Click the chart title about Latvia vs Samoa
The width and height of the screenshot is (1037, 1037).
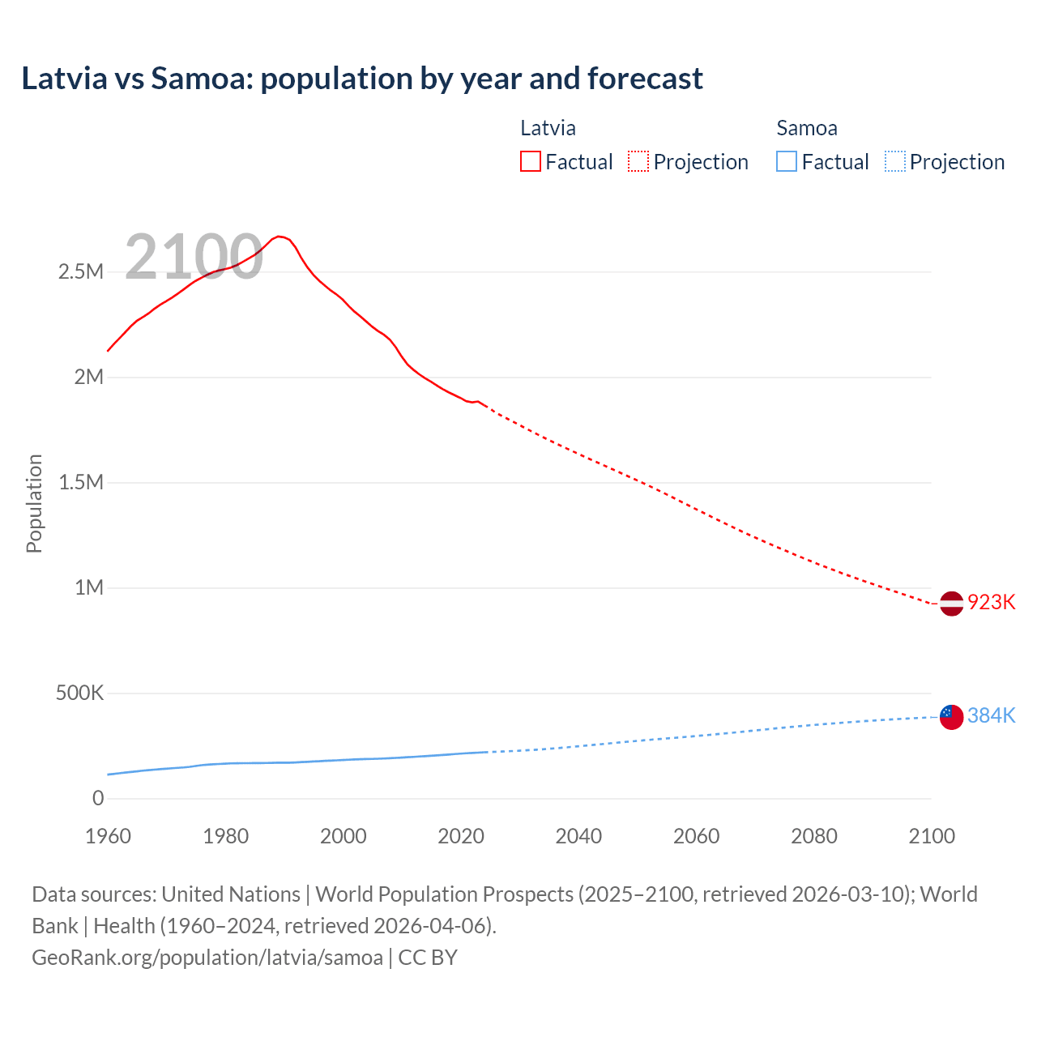(362, 79)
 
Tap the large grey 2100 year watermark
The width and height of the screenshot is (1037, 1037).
(194, 257)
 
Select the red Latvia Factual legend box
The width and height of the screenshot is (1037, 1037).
(530, 162)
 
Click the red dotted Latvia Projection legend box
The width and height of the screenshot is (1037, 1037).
(638, 162)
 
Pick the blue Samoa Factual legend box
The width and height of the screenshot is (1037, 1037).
(786, 162)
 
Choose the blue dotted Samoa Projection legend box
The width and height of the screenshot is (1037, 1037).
(894, 162)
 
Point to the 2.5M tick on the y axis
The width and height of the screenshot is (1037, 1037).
(81, 271)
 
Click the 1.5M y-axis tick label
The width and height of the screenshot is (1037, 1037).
(81, 482)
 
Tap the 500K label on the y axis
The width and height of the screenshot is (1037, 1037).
(79, 693)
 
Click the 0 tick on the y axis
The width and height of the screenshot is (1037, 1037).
(98, 799)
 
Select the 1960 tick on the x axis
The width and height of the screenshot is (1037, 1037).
(108, 836)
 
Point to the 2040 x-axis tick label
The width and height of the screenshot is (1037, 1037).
(578, 836)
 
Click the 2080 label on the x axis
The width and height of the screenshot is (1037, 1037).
(813, 836)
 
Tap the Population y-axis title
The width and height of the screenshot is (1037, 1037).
(34, 503)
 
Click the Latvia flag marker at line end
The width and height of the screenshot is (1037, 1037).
(951, 604)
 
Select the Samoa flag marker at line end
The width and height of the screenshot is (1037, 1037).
(951, 717)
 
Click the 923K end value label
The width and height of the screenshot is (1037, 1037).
(991, 603)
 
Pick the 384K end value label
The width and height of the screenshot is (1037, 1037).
(991, 716)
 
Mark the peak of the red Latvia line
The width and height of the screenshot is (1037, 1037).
(279, 237)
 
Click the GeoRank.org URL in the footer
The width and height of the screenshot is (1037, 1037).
(207, 958)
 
